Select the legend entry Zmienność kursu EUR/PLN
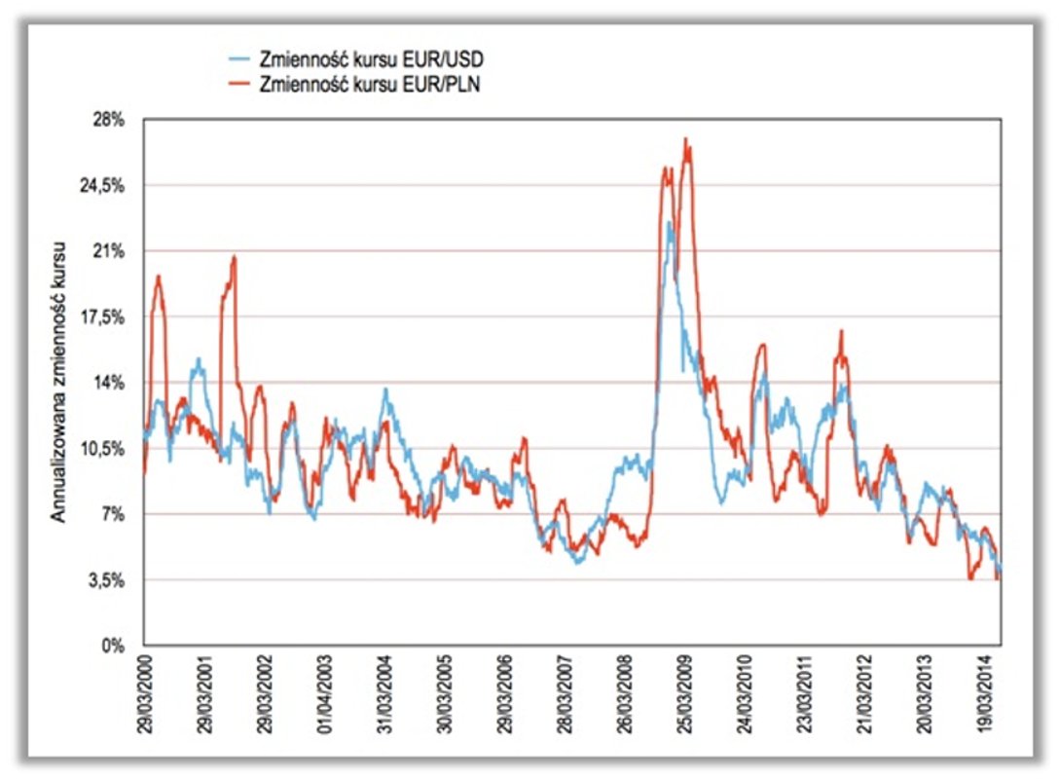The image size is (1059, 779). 370,84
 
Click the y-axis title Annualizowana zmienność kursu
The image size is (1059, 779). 59,380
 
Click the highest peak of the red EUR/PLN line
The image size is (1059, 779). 686,139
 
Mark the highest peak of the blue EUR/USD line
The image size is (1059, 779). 669,223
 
